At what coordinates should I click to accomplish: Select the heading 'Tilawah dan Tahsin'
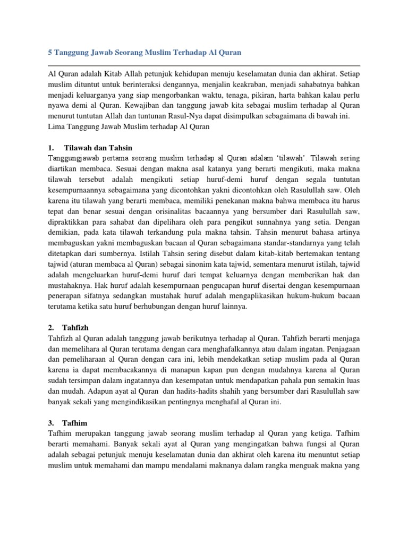pyautogui.click(x=98, y=147)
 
